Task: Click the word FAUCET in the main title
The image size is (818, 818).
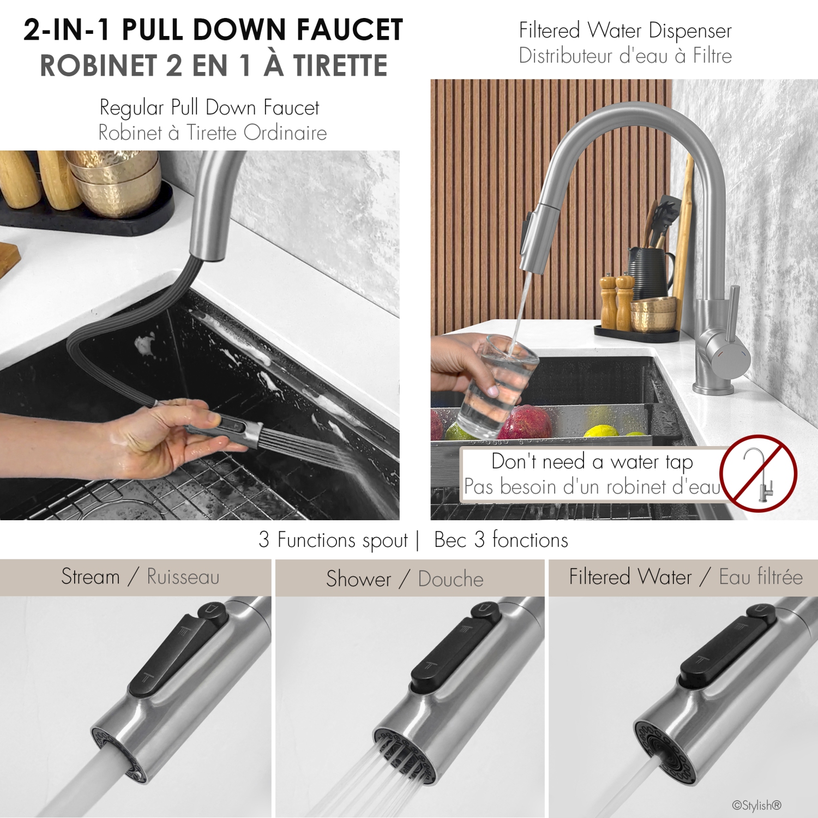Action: [349, 30]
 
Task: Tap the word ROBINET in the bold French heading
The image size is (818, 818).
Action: [98, 66]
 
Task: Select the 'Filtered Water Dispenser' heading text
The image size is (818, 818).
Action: [625, 31]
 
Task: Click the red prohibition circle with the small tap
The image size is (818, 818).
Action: [758, 473]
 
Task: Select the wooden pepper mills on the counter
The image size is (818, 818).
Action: [616, 303]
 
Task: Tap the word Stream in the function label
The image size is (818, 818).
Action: [91, 577]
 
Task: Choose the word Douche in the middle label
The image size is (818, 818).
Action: [450, 579]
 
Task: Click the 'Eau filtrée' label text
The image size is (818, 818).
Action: [760, 577]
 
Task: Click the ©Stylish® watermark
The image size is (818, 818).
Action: [756, 805]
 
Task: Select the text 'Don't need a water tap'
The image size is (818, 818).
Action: [592, 462]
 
